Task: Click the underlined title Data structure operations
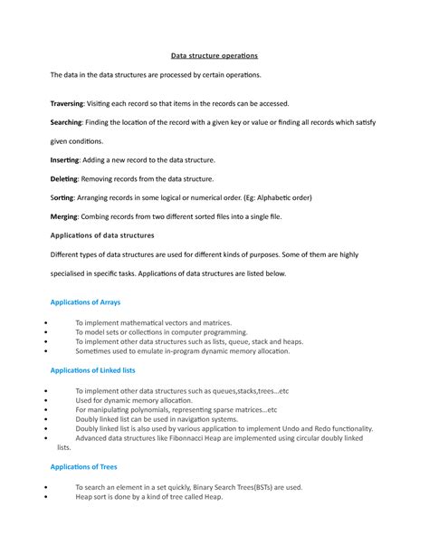coord(214,55)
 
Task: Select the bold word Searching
coord(66,122)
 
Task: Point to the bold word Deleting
coord(63,179)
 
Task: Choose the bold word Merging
coord(64,217)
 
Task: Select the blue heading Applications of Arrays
coord(85,301)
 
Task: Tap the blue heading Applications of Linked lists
coord(93,370)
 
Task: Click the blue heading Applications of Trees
coord(83,467)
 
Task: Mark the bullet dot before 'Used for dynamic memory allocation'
coord(45,400)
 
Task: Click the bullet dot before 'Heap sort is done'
coord(45,497)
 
